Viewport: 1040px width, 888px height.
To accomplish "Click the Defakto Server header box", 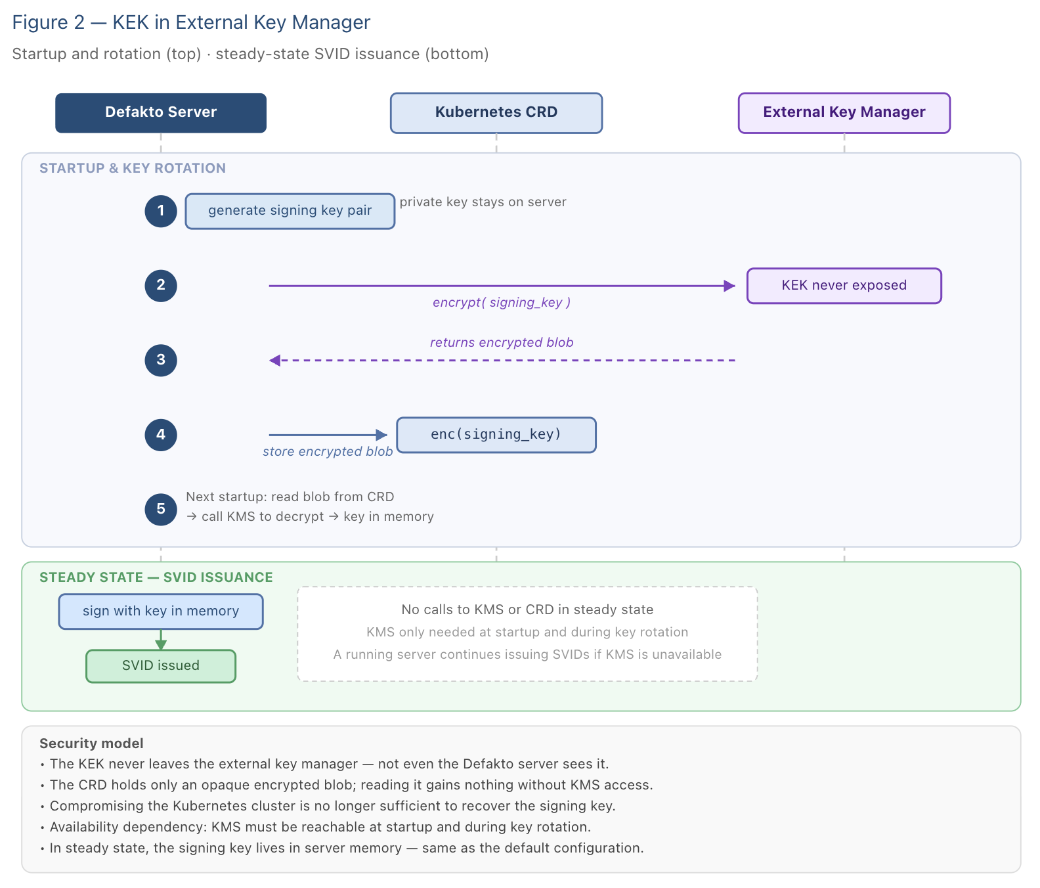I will coord(161,113).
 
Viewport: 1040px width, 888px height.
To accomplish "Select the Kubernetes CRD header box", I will coord(496,113).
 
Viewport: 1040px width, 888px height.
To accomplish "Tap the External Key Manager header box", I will coord(844,113).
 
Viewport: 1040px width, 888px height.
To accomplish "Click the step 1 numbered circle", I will coord(161,211).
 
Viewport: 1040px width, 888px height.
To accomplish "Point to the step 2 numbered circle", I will coord(161,286).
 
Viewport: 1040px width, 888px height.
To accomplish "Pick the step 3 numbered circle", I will coord(161,361).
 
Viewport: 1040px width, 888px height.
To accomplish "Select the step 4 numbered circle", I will coord(161,435).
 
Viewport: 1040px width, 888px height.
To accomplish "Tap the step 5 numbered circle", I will coord(161,510).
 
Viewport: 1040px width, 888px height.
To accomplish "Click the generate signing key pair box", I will coord(290,211).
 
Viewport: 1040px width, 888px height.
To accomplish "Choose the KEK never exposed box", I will coord(844,286).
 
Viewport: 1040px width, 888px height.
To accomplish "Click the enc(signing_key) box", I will coord(496,435).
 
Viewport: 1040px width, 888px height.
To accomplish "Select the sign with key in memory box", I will coord(161,611).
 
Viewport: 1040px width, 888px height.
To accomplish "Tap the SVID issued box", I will coord(161,666).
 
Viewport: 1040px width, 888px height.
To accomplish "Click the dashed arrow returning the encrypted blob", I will coord(502,361).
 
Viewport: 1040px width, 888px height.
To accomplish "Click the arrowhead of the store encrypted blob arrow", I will coord(381,435).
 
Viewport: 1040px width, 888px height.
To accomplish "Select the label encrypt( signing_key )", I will coord(502,303).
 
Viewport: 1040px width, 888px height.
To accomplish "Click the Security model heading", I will coord(91,744).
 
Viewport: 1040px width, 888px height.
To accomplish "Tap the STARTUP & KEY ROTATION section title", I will coord(133,168).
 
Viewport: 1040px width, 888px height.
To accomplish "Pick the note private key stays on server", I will coord(483,202).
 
